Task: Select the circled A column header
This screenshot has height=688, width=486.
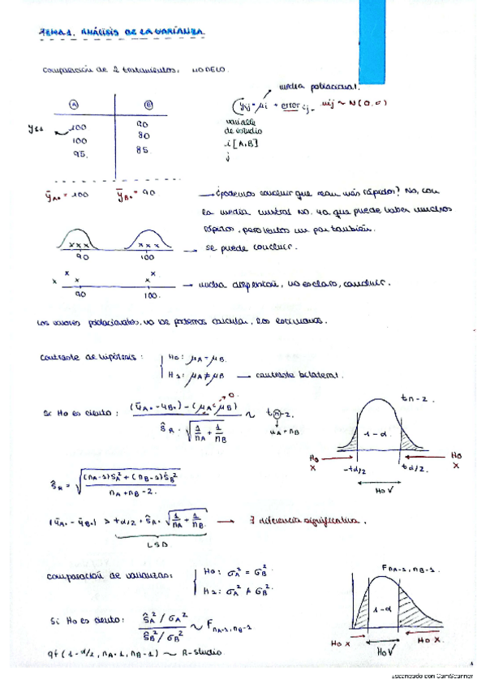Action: pyautogui.click(x=74, y=104)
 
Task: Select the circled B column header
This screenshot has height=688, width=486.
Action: pyautogui.click(x=148, y=104)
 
